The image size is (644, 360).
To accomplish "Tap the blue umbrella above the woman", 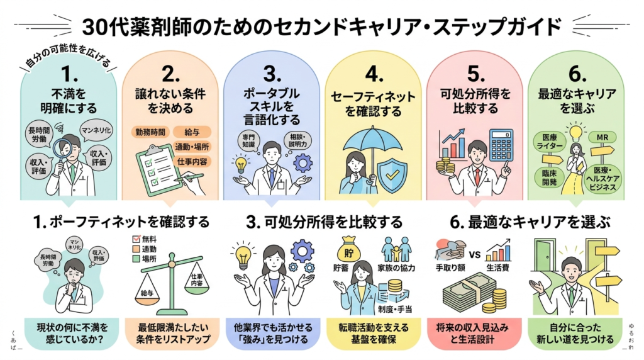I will click(369, 140).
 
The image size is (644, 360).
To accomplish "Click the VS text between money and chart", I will click(475, 256).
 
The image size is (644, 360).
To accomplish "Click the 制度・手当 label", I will click(395, 309).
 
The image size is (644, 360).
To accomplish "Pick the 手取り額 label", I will click(450, 267).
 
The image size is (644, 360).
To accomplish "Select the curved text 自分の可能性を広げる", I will click(65, 60).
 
